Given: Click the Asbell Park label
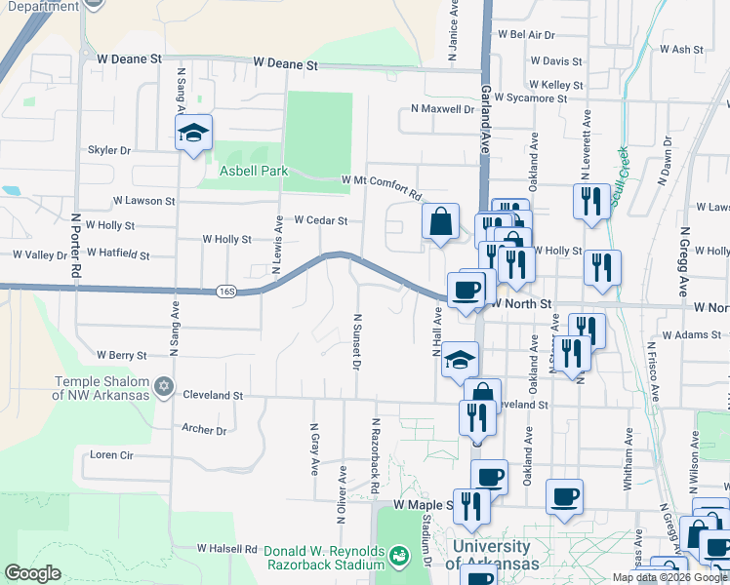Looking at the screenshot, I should (x=254, y=171).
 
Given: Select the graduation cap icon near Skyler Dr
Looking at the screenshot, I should (x=193, y=134).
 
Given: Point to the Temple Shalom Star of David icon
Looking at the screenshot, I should (x=165, y=387).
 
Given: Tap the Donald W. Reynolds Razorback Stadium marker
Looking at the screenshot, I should (x=398, y=556).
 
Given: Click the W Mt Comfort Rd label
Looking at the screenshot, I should (x=381, y=181).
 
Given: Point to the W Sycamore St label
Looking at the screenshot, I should (x=530, y=98).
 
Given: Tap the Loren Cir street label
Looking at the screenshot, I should (x=111, y=455).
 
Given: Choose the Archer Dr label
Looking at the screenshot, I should (x=204, y=430).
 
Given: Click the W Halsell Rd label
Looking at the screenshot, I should (x=227, y=550).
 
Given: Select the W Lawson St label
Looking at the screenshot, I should (x=143, y=201).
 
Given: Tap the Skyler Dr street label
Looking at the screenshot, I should (x=109, y=151).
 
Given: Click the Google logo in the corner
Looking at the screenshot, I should (x=33, y=572).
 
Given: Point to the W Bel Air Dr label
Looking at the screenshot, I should (x=526, y=34).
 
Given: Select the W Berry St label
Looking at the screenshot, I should (x=121, y=355).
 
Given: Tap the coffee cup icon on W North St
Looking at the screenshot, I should (x=466, y=290).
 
